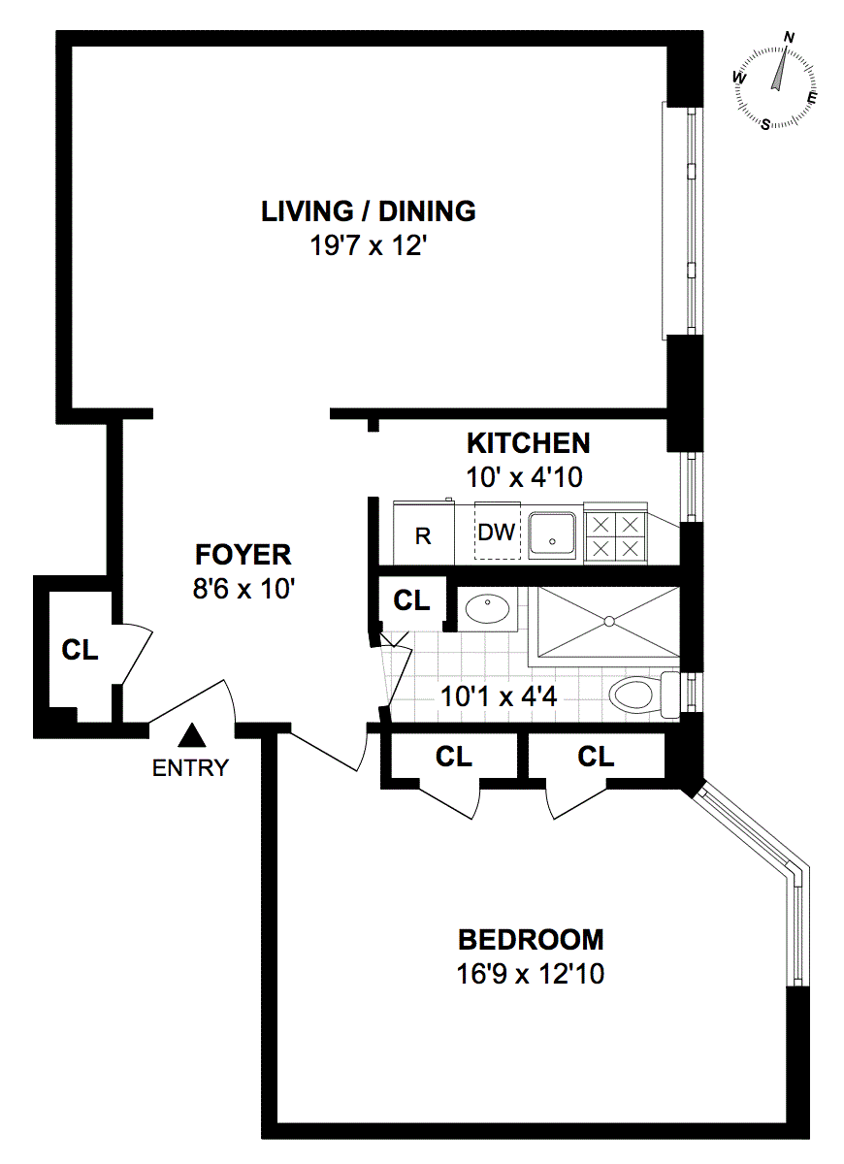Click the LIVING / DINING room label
click(368, 211)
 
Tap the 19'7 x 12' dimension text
click(368, 245)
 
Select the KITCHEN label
click(528, 443)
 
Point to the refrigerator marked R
click(423, 533)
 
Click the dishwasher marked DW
click(497, 531)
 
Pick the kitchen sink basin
click(552, 535)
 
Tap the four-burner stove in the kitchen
click(615, 533)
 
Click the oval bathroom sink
click(487, 608)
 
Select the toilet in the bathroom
click(644, 694)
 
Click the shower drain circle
click(609, 621)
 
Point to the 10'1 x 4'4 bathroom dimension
click(499, 696)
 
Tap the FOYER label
click(243, 555)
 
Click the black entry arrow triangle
click(192, 735)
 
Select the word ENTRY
click(190, 767)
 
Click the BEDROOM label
click(531, 940)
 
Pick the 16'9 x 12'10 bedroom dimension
click(531, 974)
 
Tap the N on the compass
click(789, 38)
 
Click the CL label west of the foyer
click(80, 650)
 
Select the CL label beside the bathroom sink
click(411, 600)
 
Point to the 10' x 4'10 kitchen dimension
click(524, 477)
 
